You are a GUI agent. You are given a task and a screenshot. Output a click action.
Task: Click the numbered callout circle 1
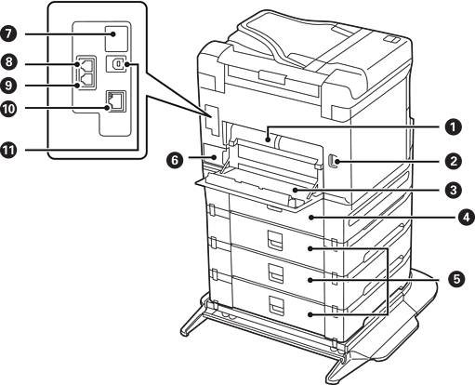[x=453, y=127]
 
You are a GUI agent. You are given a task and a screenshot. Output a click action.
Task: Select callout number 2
[x=454, y=162]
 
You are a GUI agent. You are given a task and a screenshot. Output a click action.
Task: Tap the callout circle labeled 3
[x=454, y=190]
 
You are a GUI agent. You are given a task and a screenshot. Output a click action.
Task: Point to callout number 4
[x=467, y=218]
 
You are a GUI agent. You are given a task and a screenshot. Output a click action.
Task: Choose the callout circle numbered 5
[x=456, y=279]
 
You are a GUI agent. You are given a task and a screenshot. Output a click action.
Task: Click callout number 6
[x=175, y=161]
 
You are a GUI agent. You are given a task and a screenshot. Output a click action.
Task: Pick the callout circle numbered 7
[x=8, y=33]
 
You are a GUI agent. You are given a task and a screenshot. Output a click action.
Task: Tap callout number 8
[x=8, y=61]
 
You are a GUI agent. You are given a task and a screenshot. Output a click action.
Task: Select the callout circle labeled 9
[x=8, y=85]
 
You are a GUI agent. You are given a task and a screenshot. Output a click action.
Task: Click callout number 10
[x=8, y=109]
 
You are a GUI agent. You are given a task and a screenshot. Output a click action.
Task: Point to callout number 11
[x=8, y=150]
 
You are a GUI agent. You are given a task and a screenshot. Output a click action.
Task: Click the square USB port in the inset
[x=116, y=64]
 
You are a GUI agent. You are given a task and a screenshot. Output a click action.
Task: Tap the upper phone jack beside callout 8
[x=86, y=64]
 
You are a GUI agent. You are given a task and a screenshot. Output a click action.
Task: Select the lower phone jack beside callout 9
[x=86, y=81]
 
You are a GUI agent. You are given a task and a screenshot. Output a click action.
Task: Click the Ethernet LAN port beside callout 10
[x=116, y=101]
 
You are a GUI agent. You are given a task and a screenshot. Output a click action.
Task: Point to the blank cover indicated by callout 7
[x=116, y=38]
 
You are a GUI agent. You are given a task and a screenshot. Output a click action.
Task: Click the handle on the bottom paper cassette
[x=276, y=304]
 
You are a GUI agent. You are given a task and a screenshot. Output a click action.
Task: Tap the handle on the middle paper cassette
[x=276, y=272]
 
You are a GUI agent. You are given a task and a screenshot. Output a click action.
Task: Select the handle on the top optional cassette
[x=276, y=240]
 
